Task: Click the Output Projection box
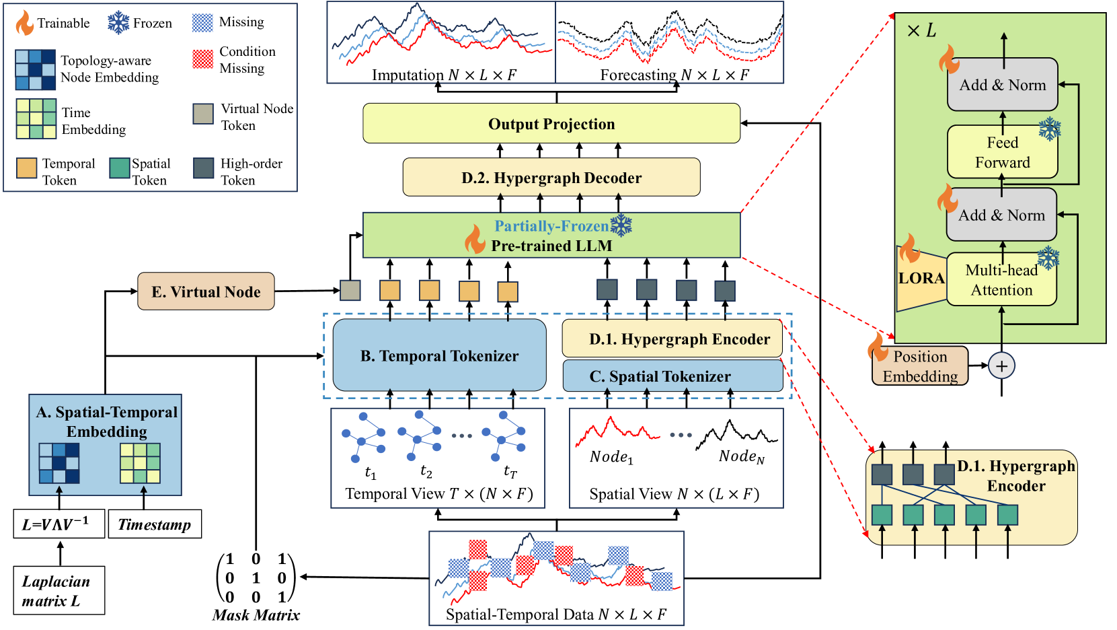point(551,123)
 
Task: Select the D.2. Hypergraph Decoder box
point(551,177)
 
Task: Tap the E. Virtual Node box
point(206,291)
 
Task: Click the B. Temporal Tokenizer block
point(439,355)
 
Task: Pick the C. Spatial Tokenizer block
point(672,376)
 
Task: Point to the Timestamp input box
point(155,524)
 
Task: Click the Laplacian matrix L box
point(59,590)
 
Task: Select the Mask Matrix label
point(256,615)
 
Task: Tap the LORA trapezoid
point(921,278)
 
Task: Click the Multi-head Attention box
point(1001,279)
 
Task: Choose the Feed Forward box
point(1002,151)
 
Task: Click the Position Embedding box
point(920,366)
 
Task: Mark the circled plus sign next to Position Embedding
point(1001,366)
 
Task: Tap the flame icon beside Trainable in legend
point(24,23)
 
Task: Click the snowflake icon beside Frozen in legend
point(118,23)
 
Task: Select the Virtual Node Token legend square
point(203,114)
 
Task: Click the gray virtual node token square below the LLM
point(350,290)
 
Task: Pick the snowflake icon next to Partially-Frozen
point(621,225)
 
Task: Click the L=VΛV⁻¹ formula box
point(59,524)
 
